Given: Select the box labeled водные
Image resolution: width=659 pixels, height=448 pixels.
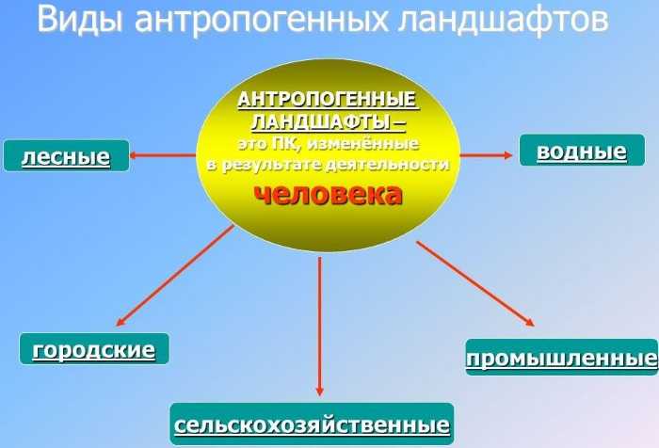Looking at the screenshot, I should coord(582,152).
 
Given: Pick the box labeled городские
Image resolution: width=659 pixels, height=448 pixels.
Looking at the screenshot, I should coord(93,350).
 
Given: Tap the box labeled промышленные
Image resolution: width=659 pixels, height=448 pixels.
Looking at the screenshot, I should coord(561,359).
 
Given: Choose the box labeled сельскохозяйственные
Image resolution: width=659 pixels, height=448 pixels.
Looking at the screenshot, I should coord(312,426).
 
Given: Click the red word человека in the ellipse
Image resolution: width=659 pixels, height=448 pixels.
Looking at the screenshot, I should coord(328,194).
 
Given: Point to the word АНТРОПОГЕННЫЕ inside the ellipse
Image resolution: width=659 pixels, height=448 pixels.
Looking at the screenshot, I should coord(327,101).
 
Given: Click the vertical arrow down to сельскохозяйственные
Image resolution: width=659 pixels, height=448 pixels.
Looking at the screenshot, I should coord(320,325).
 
